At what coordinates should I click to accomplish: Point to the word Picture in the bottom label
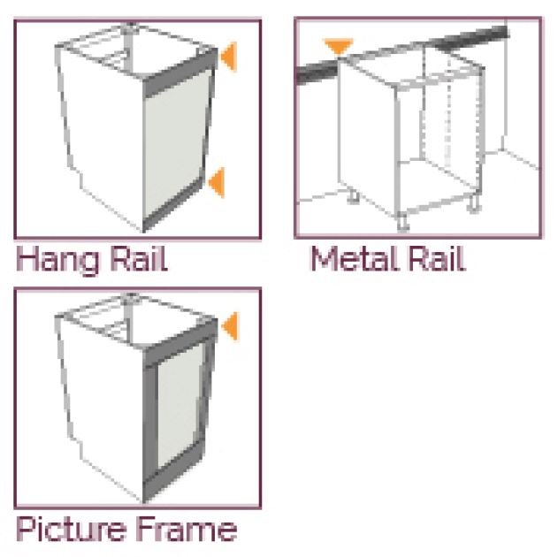[x=72, y=529]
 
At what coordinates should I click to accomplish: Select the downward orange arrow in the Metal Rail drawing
[x=336, y=46]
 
